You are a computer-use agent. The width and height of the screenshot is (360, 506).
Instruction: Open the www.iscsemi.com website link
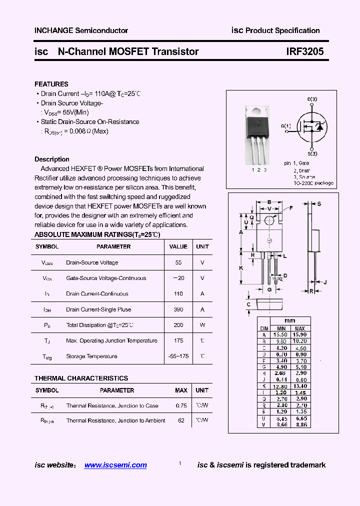[x=115, y=465]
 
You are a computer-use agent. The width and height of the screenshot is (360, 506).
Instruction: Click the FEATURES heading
[x=51, y=84]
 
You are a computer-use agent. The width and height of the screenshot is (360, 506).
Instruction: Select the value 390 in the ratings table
[x=178, y=309]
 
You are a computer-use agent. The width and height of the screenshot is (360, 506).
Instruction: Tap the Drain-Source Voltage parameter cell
[x=92, y=262]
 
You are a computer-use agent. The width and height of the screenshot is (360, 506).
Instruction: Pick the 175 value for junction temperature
[x=178, y=340]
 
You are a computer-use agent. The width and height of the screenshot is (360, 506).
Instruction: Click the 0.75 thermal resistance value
[x=181, y=405]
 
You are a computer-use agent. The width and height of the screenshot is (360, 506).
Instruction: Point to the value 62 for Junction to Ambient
[x=181, y=420]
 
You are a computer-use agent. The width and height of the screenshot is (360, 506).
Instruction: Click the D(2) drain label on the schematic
[x=312, y=99]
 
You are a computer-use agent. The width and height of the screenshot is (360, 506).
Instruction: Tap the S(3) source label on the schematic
[x=312, y=153]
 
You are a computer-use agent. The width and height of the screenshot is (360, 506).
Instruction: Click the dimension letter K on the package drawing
[x=241, y=268]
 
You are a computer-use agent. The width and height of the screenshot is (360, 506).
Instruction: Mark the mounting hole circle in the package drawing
[x=269, y=220]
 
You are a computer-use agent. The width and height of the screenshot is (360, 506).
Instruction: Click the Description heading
[x=52, y=159]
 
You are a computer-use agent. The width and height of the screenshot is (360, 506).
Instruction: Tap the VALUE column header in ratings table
[x=178, y=246]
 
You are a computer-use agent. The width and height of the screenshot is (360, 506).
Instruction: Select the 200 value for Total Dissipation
[x=178, y=325]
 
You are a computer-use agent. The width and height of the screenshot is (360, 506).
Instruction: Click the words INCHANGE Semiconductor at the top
[x=81, y=30]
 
